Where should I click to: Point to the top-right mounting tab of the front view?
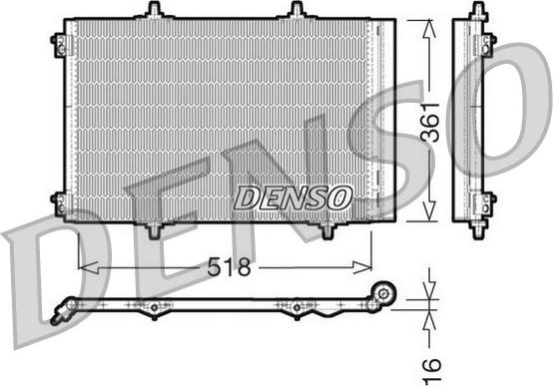click(x=296, y=11)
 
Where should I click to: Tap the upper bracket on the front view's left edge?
click(x=60, y=45)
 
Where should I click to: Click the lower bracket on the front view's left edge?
click(x=60, y=204)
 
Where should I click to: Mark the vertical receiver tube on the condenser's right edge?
click(x=376, y=120)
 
